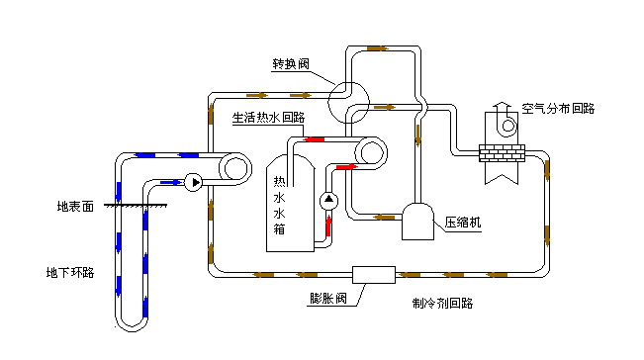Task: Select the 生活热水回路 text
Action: tap(268, 117)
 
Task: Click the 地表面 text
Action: tap(75, 207)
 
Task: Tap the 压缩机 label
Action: tap(463, 223)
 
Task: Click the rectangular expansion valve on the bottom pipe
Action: tap(374, 273)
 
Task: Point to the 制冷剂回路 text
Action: tap(441, 304)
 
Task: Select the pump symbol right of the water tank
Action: tap(329, 202)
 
